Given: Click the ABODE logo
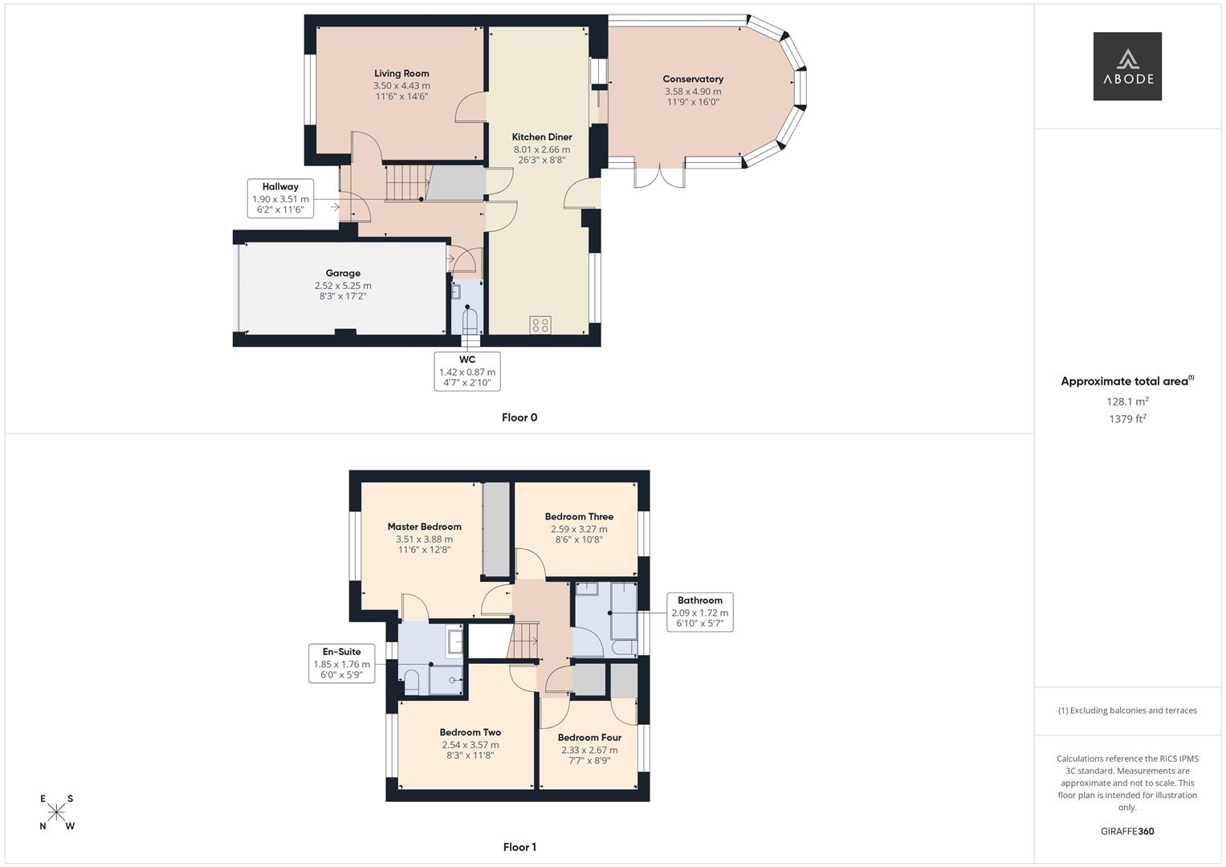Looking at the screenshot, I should tap(1126, 66).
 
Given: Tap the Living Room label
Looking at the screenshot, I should tap(401, 74).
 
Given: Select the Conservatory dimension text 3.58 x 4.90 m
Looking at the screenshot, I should tap(693, 92).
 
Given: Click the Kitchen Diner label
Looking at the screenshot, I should tap(542, 137).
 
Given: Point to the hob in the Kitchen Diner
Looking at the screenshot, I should tap(540, 324).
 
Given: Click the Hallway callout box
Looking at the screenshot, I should tap(280, 198).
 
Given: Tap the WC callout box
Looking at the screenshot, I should tap(467, 371).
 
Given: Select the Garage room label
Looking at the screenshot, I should tap(343, 274).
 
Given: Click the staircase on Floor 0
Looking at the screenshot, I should tap(405, 182).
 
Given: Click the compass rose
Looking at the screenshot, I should tap(56, 812).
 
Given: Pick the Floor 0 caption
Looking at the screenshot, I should tap(519, 417).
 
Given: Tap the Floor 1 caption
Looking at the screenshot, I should tap(519, 847).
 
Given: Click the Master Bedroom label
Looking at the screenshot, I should tap(424, 527).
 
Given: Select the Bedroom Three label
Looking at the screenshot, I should tap(579, 517).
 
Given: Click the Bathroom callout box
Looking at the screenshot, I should tap(699, 612).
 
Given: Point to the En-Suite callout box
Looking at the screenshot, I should tap(342, 663).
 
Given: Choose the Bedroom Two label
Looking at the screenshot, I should tap(470, 732).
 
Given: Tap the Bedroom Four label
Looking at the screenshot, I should tap(589, 738).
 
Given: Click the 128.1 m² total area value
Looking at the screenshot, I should tap(1127, 401).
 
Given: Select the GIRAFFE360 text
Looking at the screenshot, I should tap(1127, 832).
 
